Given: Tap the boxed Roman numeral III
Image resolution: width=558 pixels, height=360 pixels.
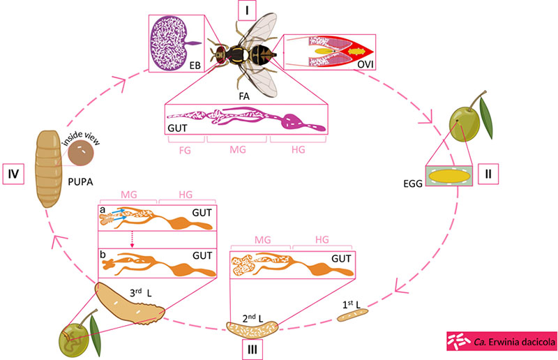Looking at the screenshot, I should (x=255, y=347).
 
